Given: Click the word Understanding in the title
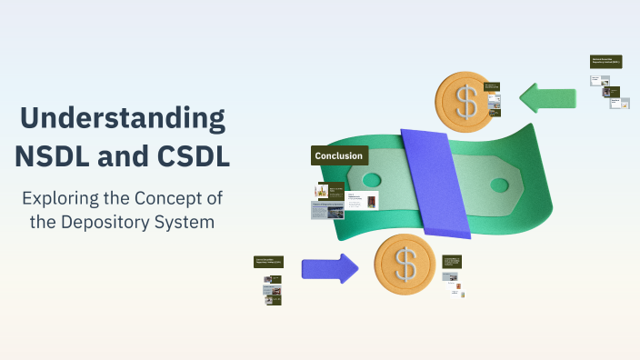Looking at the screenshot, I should coord(123,119).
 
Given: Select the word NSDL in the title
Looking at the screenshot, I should coord(54,155).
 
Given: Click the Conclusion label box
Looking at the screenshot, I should coord(339,155).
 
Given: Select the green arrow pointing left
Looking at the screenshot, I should coord(547,98).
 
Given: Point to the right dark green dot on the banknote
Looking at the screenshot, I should coord(499,185).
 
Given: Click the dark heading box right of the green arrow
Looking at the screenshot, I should coord(605,62).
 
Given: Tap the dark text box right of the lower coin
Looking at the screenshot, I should coord(453,261).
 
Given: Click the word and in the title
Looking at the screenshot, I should coord(123,155).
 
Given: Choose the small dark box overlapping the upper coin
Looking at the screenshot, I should coord(493,88).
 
